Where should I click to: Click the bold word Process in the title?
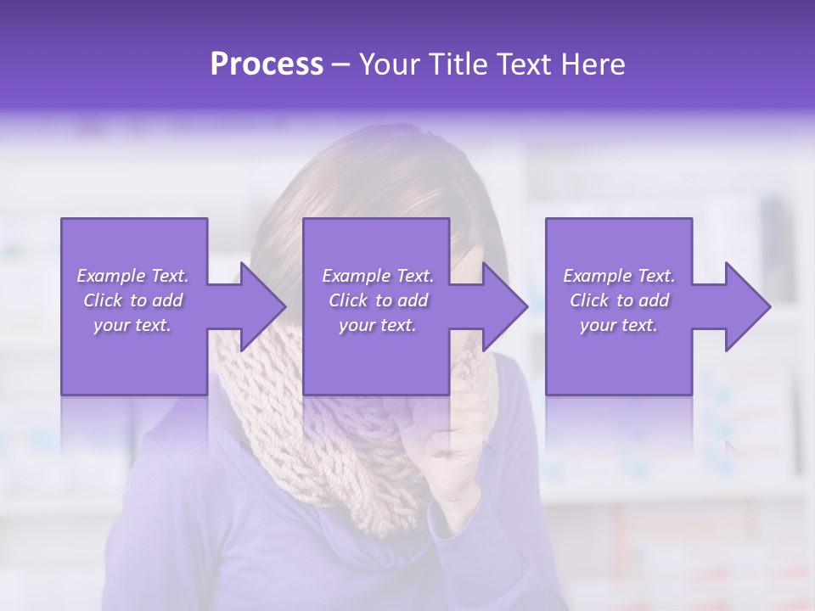click(267, 64)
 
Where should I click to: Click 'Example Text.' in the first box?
click(132, 276)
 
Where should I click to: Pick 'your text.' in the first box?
click(132, 325)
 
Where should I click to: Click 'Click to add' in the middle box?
click(378, 300)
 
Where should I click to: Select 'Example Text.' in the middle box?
click(378, 276)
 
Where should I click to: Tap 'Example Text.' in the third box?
click(619, 276)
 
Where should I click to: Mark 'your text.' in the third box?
click(619, 325)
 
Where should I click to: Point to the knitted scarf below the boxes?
click(357, 458)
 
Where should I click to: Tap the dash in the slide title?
click(341, 64)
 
